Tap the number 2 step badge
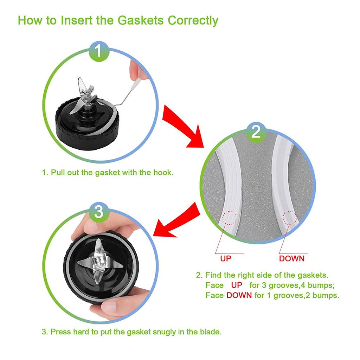(x=256, y=132)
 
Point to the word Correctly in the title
(x=193, y=21)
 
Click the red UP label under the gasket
(x=226, y=259)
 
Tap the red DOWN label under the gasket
(x=291, y=259)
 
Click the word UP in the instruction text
(x=236, y=285)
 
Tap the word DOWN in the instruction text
(x=239, y=295)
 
